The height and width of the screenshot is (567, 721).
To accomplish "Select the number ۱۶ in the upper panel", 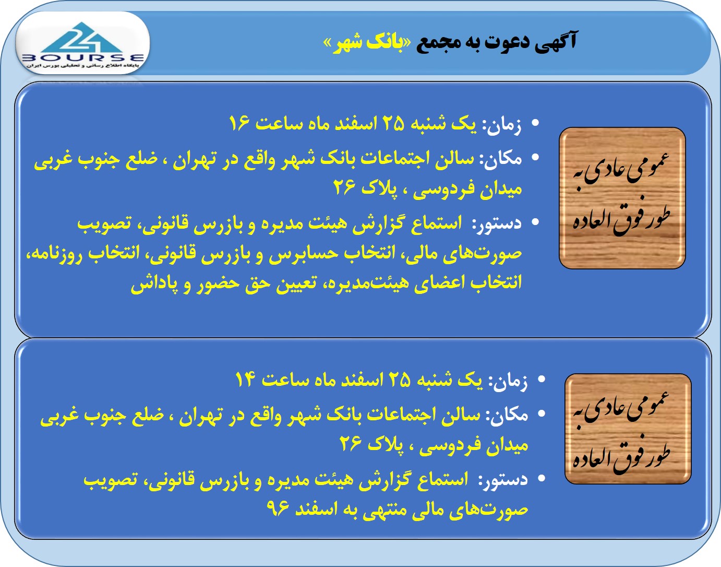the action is (239, 124).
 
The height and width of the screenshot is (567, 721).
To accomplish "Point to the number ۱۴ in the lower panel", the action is (245, 380).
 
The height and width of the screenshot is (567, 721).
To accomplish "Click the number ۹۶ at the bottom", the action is (278, 509).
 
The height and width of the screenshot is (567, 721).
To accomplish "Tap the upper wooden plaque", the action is (622, 198).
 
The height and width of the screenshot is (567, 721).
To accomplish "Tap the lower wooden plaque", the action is (628, 428).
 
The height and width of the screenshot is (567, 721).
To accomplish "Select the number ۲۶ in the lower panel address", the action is (350, 444).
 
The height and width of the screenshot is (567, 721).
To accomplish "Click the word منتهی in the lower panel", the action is (386, 510).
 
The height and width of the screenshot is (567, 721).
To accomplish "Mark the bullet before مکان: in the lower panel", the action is (541, 414).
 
